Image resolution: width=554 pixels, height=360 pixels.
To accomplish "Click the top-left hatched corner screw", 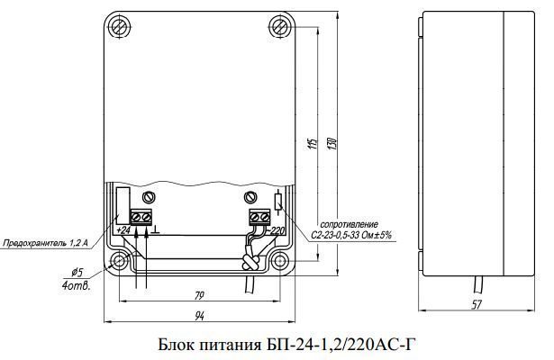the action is click(x=118, y=27).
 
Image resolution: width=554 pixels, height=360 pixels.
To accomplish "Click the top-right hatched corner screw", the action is click(x=281, y=27).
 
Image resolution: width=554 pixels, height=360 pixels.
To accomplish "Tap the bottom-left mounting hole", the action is click(x=119, y=262).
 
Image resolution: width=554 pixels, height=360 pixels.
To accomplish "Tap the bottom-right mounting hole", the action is click(x=280, y=262).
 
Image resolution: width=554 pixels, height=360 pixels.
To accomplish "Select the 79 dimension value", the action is click(x=199, y=296).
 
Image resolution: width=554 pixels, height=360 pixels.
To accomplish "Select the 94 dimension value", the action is click(x=199, y=316).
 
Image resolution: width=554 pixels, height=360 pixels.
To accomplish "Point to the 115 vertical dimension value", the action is click(x=313, y=143).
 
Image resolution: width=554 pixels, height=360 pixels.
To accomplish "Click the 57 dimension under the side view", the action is click(x=477, y=304).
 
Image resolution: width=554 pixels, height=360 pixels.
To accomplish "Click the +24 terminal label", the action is click(x=123, y=230).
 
